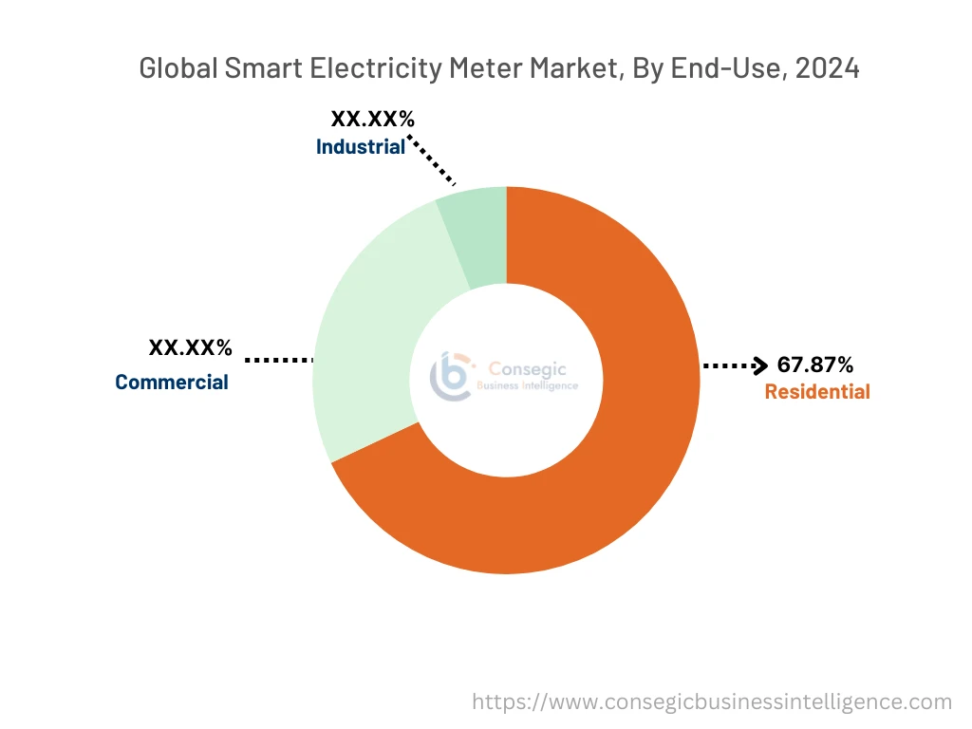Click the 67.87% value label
click(x=814, y=364)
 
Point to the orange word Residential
click(x=816, y=392)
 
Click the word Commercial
click(x=172, y=383)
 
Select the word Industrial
click(x=361, y=147)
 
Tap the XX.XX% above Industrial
click(x=372, y=120)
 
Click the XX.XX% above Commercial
click(x=190, y=347)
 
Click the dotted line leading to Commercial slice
click(x=279, y=360)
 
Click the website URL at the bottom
click(x=712, y=701)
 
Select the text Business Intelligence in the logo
click(x=526, y=386)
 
